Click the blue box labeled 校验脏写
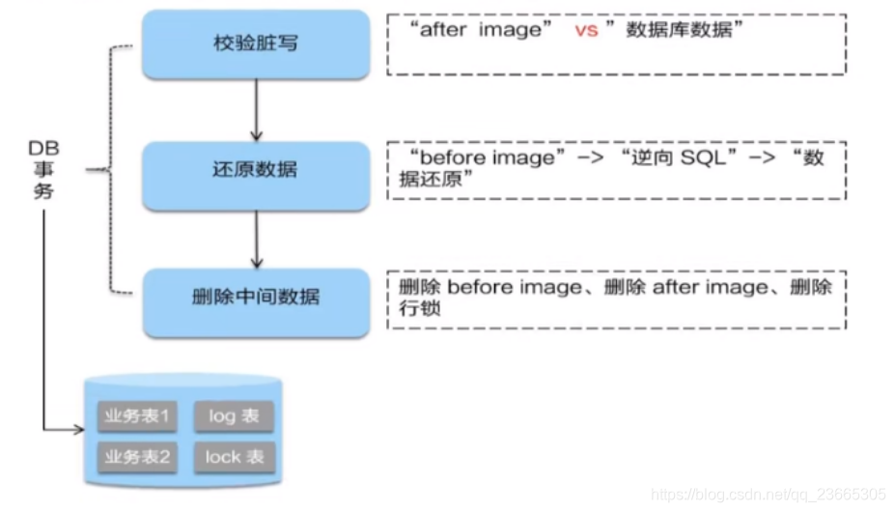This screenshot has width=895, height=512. [256, 43]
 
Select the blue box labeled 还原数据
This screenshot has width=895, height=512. [256, 170]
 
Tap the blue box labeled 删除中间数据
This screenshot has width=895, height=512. [256, 298]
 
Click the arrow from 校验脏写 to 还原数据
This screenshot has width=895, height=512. [257, 108]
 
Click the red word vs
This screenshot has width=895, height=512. [586, 31]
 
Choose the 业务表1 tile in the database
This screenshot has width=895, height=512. [138, 417]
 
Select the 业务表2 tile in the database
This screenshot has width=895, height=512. [138, 456]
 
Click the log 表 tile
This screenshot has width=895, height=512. [234, 417]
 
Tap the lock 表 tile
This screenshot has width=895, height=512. [234, 457]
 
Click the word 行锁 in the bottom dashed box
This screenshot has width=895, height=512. [416, 309]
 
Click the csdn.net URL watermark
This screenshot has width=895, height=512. [769, 494]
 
